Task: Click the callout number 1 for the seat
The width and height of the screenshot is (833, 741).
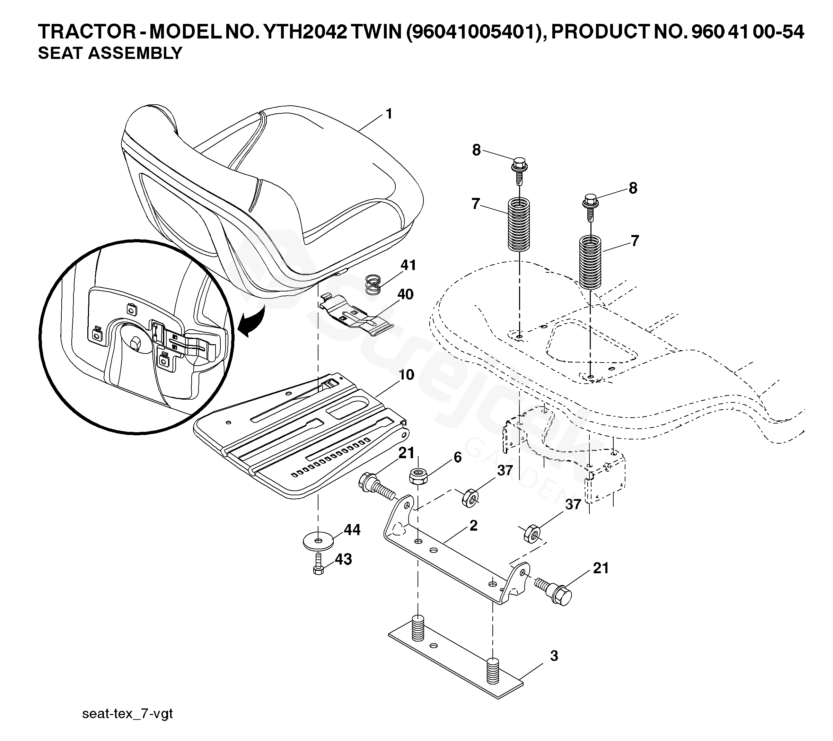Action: click(x=389, y=114)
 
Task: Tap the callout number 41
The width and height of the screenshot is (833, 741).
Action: click(x=408, y=265)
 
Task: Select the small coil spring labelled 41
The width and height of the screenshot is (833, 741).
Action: click(x=372, y=284)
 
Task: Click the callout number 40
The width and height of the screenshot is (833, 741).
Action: click(x=405, y=294)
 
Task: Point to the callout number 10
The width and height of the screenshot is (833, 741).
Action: click(x=406, y=375)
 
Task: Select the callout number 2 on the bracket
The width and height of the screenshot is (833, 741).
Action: click(x=473, y=525)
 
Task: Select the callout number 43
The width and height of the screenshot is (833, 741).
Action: click(x=343, y=559)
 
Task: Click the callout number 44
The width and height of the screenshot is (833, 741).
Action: click(x=352, y=530)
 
